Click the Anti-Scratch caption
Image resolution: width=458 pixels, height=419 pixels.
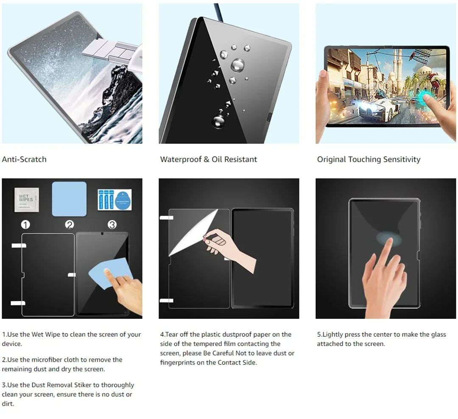[24, 159]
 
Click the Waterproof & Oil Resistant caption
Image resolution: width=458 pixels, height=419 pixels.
[209, 159]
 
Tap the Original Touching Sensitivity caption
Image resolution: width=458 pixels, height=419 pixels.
[369, 159]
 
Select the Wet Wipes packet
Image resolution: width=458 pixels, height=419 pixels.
[27, 200]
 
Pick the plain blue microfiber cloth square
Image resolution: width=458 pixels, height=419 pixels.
[69, 199]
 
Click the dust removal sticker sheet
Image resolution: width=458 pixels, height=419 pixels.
[114, 200]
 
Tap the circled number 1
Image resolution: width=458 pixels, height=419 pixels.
[25, 225]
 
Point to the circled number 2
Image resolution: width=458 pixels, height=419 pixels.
[70, 225]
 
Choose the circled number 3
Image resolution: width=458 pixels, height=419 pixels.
[112, 225]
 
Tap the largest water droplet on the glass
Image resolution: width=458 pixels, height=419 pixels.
[237, 65]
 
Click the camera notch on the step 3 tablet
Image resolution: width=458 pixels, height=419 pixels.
[102, 234]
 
